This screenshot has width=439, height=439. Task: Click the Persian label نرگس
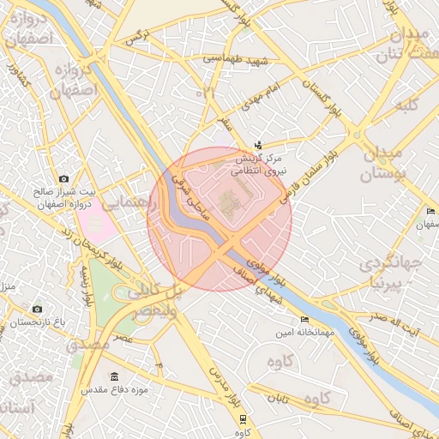137,37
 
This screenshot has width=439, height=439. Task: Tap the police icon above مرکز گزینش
258,144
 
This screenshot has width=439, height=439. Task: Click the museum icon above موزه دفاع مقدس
115,376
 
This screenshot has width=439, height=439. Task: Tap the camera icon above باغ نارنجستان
37,309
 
